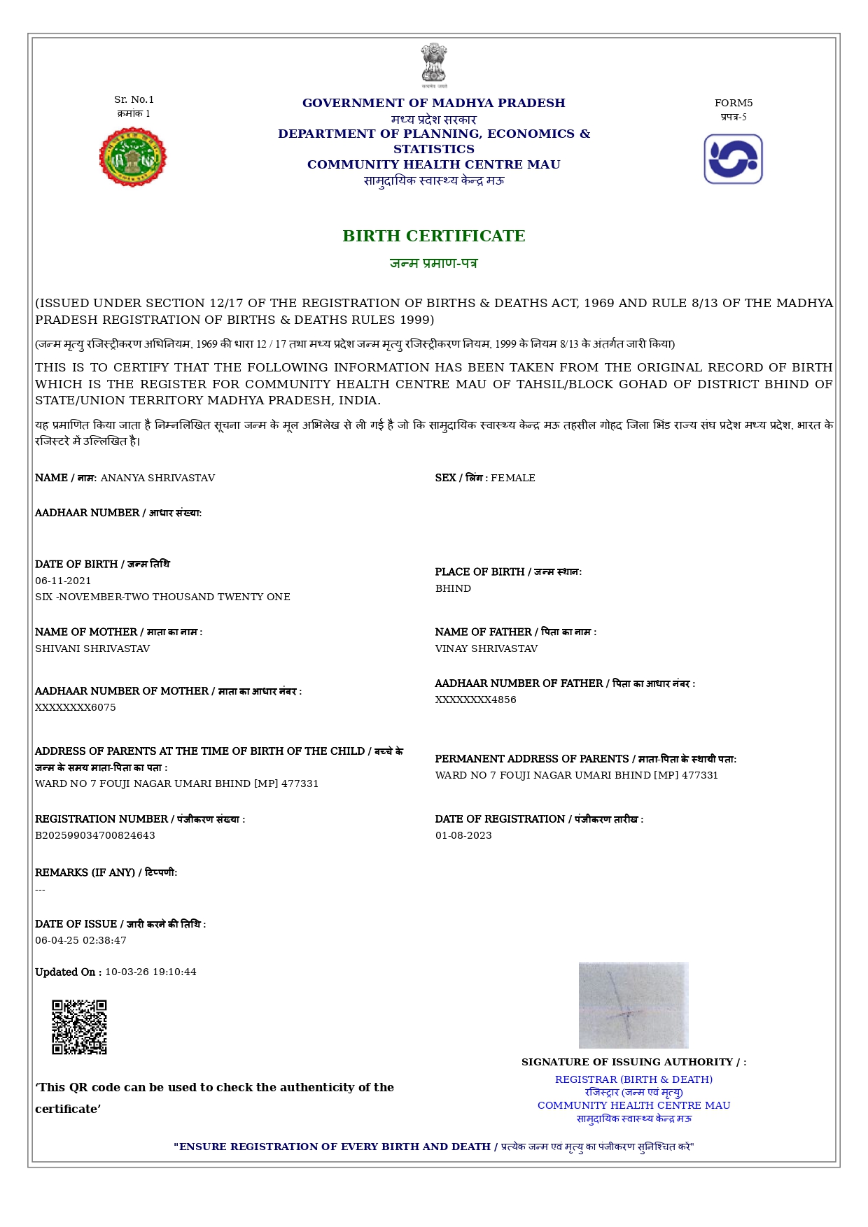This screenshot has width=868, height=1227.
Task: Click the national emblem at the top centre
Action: point(434,65)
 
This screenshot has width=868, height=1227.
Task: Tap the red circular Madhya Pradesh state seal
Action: point(133,157)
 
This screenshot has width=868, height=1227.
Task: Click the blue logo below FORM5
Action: point(733,159)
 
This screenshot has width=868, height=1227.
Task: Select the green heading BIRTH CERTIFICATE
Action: point(434,236)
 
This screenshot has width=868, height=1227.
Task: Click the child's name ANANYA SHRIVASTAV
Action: point(157,478)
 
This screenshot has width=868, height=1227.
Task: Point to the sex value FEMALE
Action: point(513,478)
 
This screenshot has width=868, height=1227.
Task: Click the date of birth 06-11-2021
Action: point(63,581)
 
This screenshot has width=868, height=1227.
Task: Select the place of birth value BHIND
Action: point(453,588)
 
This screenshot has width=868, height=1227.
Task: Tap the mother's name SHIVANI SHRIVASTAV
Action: point(92,648)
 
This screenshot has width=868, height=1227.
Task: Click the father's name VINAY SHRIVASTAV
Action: point(486,648)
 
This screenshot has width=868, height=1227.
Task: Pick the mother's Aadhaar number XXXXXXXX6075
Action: point(76,707)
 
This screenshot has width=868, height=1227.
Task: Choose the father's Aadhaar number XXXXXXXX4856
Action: point(476,700)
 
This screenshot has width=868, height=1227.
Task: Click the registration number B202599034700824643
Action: point(95,835)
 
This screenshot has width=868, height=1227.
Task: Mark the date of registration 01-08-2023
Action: point(463,835)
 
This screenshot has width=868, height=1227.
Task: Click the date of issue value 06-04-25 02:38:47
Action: point(80,940)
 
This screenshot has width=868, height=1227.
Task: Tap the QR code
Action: point(79,1027)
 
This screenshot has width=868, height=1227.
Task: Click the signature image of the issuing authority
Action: point(633,1005)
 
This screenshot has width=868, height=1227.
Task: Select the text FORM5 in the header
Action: point(734,103)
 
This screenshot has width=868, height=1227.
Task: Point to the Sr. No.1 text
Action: point(134,99)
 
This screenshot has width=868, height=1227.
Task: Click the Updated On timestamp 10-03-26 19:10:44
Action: point(150,972)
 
